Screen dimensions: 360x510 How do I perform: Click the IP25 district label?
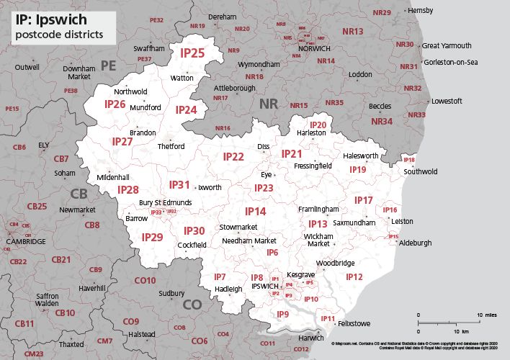click(192, 53)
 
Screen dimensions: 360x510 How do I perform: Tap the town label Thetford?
click(171, 146)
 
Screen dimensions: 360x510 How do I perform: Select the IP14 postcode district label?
click(255, 211)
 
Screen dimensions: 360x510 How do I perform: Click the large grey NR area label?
click(268, 104)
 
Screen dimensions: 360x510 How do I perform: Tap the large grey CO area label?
click(192, 305)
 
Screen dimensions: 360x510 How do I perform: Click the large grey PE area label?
click(108, 66)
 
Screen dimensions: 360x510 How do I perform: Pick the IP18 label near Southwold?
click(409, 160)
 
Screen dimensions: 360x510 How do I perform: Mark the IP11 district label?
click(328, 318)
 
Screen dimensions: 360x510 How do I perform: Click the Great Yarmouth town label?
click(447, 45)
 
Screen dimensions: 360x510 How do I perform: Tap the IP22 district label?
click(233, 156)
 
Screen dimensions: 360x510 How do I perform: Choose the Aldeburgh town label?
click(416, 243)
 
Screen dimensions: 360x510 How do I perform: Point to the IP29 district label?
click(152, 237)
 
